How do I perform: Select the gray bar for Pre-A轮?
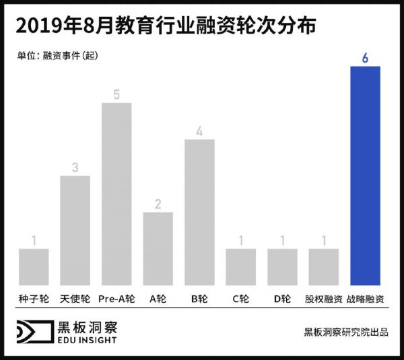(116, 194)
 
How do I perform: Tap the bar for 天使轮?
(75, 230)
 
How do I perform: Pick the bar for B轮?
(199, 212)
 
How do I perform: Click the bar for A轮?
(158, 248)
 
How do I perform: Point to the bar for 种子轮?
(34, 266)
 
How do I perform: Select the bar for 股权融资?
(323, 266)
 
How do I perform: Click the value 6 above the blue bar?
(365, 58)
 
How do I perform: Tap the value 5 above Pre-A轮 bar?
(116, 95)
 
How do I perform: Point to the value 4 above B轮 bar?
(199, 131)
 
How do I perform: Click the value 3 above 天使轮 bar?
(75, 168)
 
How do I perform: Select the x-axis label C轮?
(240, 298)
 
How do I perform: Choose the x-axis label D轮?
(282, 298)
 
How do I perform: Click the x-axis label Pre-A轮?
(116, 298)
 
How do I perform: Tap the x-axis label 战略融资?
(366, 298)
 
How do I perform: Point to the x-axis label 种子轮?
(34, 298)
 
